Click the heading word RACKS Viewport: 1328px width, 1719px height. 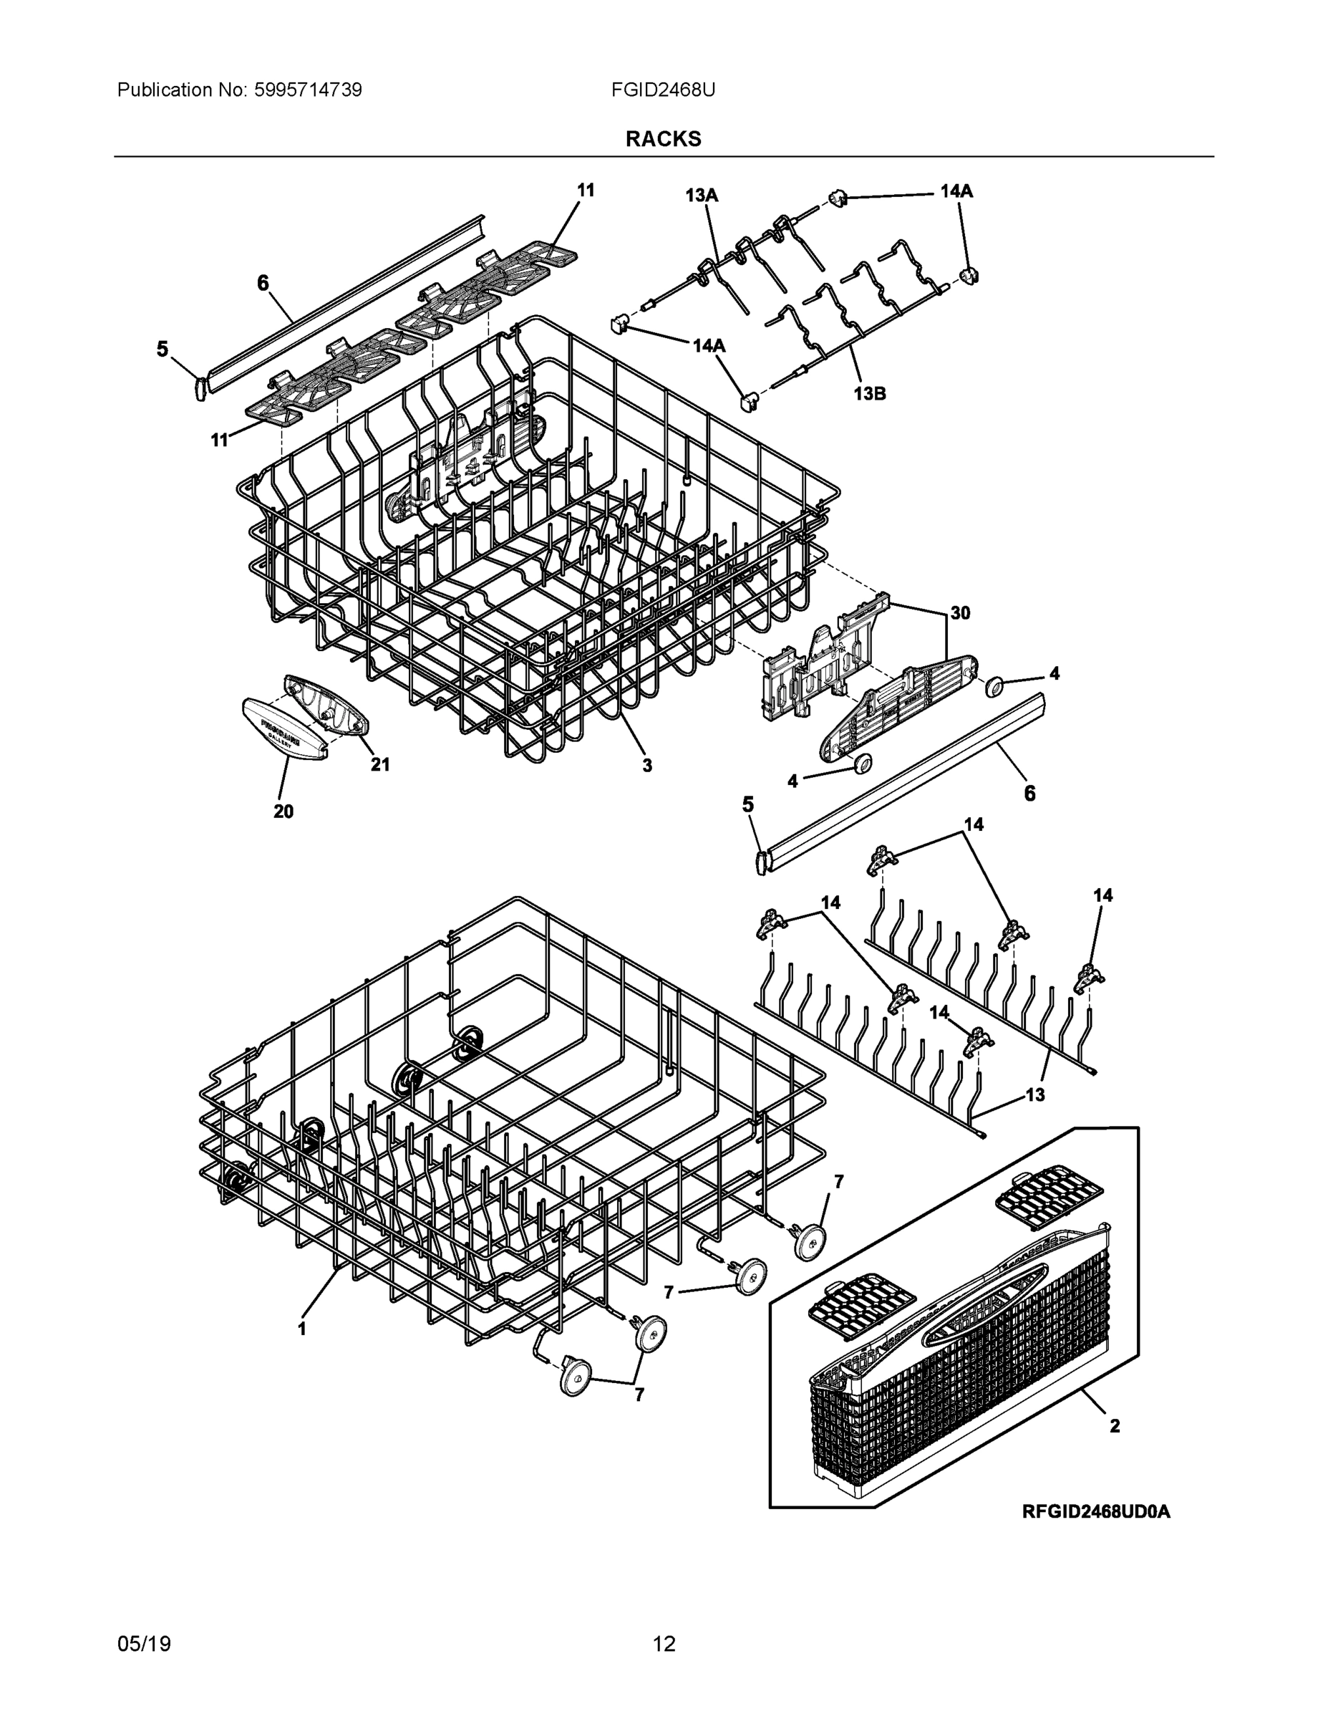[x=663, y=140]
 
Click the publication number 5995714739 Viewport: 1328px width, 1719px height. [x=307, y=90]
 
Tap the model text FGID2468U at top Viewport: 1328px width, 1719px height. [x=663, y=90]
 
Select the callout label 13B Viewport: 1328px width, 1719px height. [x=869, y=393]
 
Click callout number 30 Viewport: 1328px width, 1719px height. [x=960, y=612]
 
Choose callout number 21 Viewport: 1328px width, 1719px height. [x=380, y=764]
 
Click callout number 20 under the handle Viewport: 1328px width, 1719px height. [x=283, y=812]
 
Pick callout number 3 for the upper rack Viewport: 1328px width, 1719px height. [x=646, y=765]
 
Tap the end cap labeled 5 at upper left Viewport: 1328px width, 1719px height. [x=200, y=387]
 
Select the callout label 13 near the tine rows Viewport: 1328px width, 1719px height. [x=1034, y=1094]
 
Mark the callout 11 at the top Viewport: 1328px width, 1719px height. [x=586, y=191]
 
